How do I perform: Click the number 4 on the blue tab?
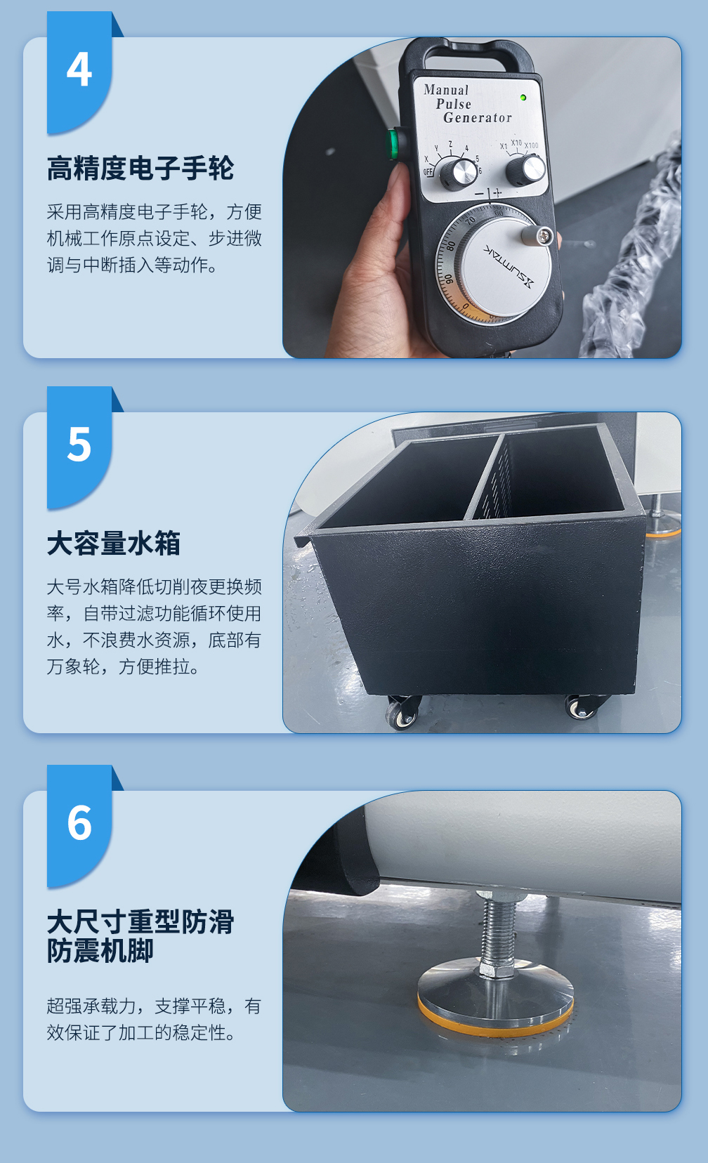(79, 69)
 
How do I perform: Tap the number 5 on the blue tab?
(79, 444)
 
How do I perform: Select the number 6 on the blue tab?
(79, 823)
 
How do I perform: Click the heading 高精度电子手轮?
(140, 168)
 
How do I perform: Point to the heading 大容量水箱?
(113, 543)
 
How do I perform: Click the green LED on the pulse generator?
(523, 98)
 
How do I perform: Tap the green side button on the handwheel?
(393, 143)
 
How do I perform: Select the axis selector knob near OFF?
(459, 173)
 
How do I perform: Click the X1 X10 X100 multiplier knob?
(526, 170)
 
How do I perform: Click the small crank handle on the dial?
(538, 235)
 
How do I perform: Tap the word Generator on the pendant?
(478, 118)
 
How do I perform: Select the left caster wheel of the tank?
(402, 711)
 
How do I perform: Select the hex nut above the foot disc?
(496, 969)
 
